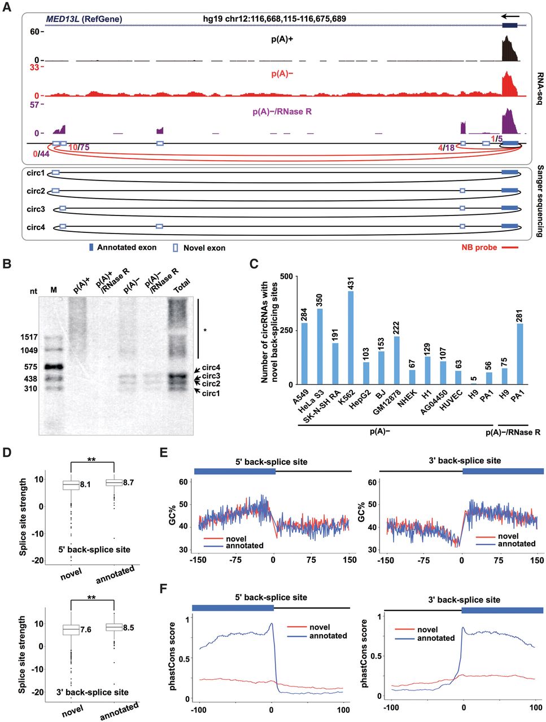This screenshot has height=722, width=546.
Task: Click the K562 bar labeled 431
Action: [x=351, y=337]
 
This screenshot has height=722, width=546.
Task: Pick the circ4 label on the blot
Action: [x=211, y=367]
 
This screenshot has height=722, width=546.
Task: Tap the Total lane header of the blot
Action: [x=182, y=286]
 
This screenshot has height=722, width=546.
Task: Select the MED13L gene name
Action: [x=63, y=19]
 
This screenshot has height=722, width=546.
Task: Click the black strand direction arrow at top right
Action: [x=510, y=16]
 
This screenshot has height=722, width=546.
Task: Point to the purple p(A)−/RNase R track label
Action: [x=282, y=112]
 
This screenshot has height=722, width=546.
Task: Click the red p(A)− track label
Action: [x=282, y=74]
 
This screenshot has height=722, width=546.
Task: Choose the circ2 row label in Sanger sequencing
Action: [x=36, y=191]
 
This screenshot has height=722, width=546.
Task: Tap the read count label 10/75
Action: [x=79, y=147]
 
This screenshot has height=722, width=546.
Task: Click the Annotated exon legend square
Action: [x=91, y=248]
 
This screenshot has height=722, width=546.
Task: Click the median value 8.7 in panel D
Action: [x=128, y=482]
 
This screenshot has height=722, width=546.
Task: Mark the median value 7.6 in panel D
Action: [x=86, y=629]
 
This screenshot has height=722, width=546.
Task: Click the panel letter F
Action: [x=164, y=588]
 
